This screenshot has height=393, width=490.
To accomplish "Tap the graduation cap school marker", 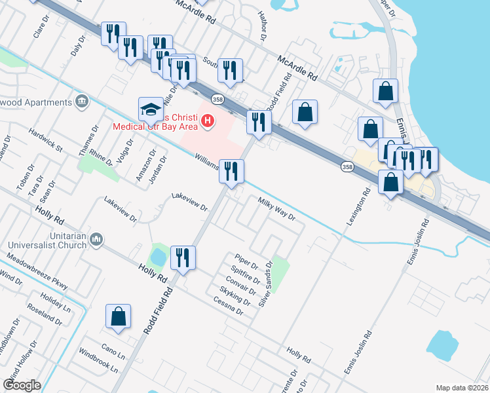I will click(x=150, y=109).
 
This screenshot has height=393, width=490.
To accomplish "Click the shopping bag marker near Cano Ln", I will click(x=119, y=316).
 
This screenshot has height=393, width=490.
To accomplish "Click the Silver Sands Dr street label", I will click(x=266, y=283).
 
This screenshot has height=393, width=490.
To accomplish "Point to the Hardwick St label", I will click(x=45, y=140).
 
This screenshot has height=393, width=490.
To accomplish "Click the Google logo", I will click(x=21, y=385).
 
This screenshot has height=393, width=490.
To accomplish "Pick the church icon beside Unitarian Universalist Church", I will click(x=96, y=240).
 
